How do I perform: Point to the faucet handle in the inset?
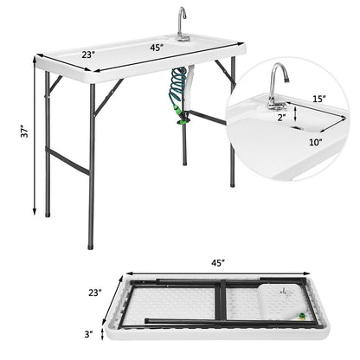(279, 106)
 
